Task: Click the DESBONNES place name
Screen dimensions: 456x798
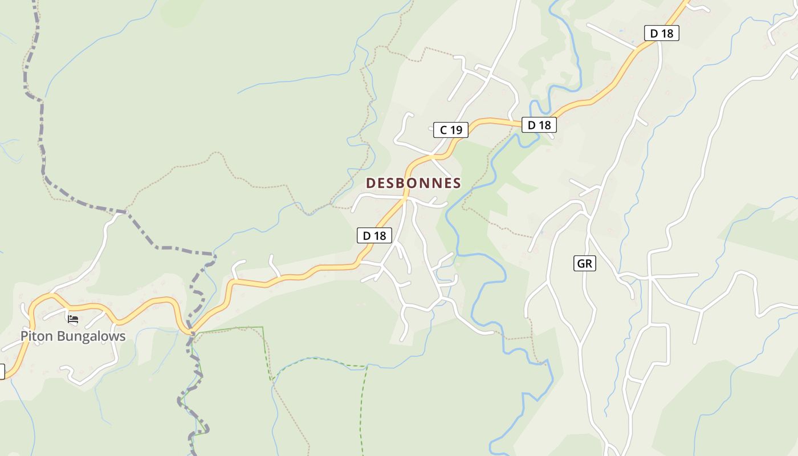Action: point(413,183)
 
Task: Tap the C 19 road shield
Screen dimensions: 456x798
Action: point(450,130)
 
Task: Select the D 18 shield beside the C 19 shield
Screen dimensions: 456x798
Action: point(539,125)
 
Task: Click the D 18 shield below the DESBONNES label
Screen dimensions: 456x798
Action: point(374,235)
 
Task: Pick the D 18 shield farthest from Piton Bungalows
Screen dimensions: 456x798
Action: point(661,33)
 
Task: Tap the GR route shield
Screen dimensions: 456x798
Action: point(584,263)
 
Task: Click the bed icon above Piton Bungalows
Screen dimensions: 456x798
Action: point(72,319)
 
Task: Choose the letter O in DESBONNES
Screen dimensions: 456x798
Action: point(416,183)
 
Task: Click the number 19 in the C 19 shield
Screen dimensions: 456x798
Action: point(455,130)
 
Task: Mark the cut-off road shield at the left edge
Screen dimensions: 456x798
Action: point(2,372)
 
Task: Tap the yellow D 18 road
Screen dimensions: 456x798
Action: point(296,276)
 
